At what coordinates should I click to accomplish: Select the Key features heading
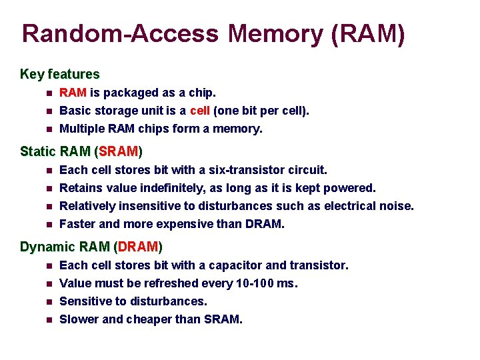[x=60, y=74]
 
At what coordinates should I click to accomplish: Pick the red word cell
[x=200, y=111]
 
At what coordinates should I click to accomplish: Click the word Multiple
[x=83, y=129]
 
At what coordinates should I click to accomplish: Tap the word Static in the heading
[x=38, y=152]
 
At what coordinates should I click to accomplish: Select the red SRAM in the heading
[x=119, y=152]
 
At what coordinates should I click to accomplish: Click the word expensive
[x=186, y=225]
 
